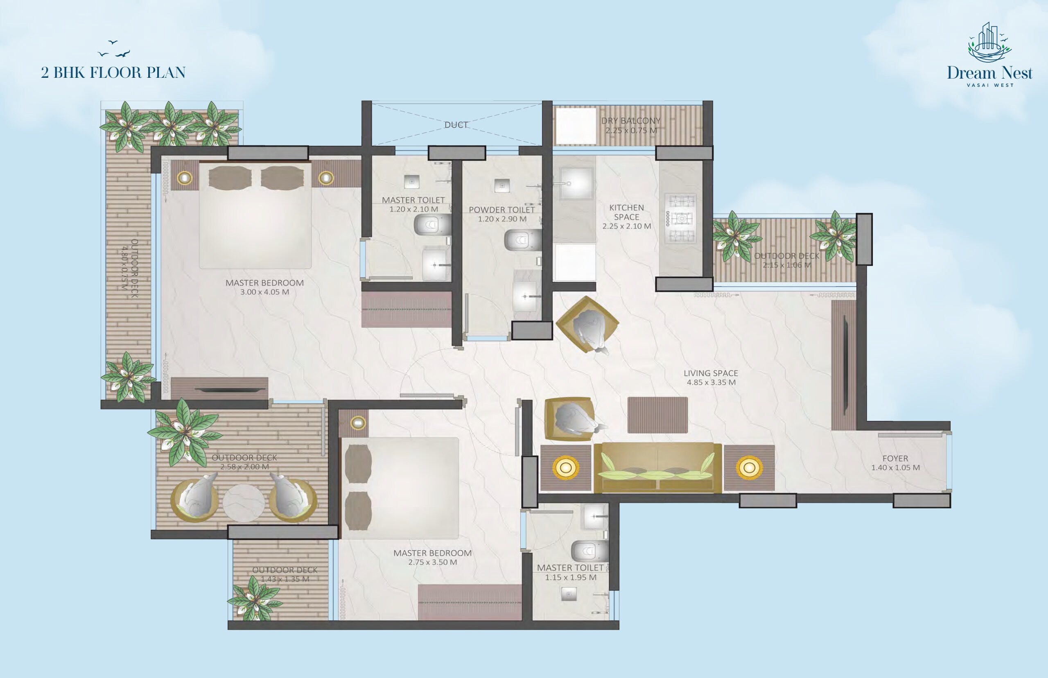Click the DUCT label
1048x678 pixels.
click(x=456, y=125)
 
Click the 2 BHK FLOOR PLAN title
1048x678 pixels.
click(x=113, y=72)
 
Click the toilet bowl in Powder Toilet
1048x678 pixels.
click(x=522, y=240)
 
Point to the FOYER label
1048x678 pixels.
click(x=895, y=458)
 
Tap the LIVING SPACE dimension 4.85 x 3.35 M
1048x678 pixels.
click(x=711, y=382)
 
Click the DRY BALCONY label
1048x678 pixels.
click(x=631, y=121)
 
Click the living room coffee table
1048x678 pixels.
click(x=657, y=415)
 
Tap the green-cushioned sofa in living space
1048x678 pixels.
click(x=657, y=468)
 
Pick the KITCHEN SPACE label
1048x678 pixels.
click(x=626, y=212)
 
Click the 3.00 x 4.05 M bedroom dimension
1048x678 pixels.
click(x=264, y=292)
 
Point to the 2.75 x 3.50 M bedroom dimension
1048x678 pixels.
click(x=432, y=562)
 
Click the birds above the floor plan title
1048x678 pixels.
click(x=114, y=49)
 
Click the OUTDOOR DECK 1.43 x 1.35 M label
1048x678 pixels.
click(x=285, y=574)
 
